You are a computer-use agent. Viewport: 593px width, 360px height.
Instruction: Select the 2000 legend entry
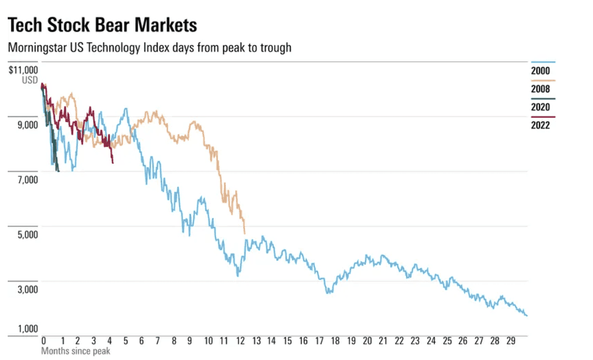[540, 71]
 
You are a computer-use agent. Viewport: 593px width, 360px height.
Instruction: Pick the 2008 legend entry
[540, 89]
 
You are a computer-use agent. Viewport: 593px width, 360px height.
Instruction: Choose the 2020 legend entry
[540, 107]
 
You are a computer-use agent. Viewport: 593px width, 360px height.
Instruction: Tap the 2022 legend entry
[540, 125]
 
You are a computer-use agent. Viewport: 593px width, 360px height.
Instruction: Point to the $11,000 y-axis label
[24, 70]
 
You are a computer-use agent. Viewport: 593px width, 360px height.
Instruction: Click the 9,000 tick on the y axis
[26, 125]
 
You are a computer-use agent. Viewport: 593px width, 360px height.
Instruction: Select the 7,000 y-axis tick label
[26, 180]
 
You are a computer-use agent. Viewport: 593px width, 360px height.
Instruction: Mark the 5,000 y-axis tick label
[26, 235]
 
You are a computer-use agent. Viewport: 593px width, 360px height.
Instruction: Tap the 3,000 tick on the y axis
[26, 290]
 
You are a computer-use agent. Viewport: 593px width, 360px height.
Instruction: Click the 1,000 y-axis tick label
[26, 329]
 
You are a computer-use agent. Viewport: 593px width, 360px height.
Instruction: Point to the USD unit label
[30, 80]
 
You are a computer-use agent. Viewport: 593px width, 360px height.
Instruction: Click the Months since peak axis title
[75, 351]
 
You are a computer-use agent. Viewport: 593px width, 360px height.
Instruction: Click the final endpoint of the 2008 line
[245, 234]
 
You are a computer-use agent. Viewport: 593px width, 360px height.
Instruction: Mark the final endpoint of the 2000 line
[527, 315]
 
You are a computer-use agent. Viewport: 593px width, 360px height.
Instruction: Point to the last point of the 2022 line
[113, 163]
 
